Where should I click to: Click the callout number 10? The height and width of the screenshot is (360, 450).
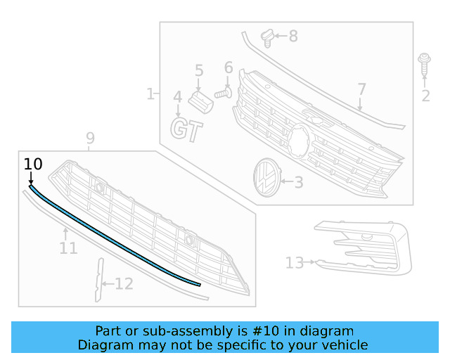coord(33,165)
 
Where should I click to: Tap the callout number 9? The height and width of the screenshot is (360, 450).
coord(90,139)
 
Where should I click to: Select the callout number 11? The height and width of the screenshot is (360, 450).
coord(68,248)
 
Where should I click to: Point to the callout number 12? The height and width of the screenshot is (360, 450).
coord(124,284)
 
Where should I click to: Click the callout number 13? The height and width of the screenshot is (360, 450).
coord(295,263)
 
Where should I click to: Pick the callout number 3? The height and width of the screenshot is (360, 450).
coord(298,183)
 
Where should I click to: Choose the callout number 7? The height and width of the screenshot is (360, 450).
coord(361,89)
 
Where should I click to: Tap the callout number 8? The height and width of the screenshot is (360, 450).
coord(293,35)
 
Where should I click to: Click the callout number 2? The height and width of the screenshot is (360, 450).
coord(425,96)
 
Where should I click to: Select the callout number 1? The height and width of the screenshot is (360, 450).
coord(150,94)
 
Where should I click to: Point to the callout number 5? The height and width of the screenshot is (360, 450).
coord(199,70)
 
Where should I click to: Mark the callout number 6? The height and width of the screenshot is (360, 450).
coord(229,68)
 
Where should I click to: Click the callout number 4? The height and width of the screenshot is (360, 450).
coord(178,96)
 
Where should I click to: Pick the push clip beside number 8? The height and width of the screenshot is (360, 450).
coord(266,36)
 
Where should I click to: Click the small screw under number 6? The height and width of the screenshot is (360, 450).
coord(224,91)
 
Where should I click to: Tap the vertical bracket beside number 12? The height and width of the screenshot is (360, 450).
coord(98,280)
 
